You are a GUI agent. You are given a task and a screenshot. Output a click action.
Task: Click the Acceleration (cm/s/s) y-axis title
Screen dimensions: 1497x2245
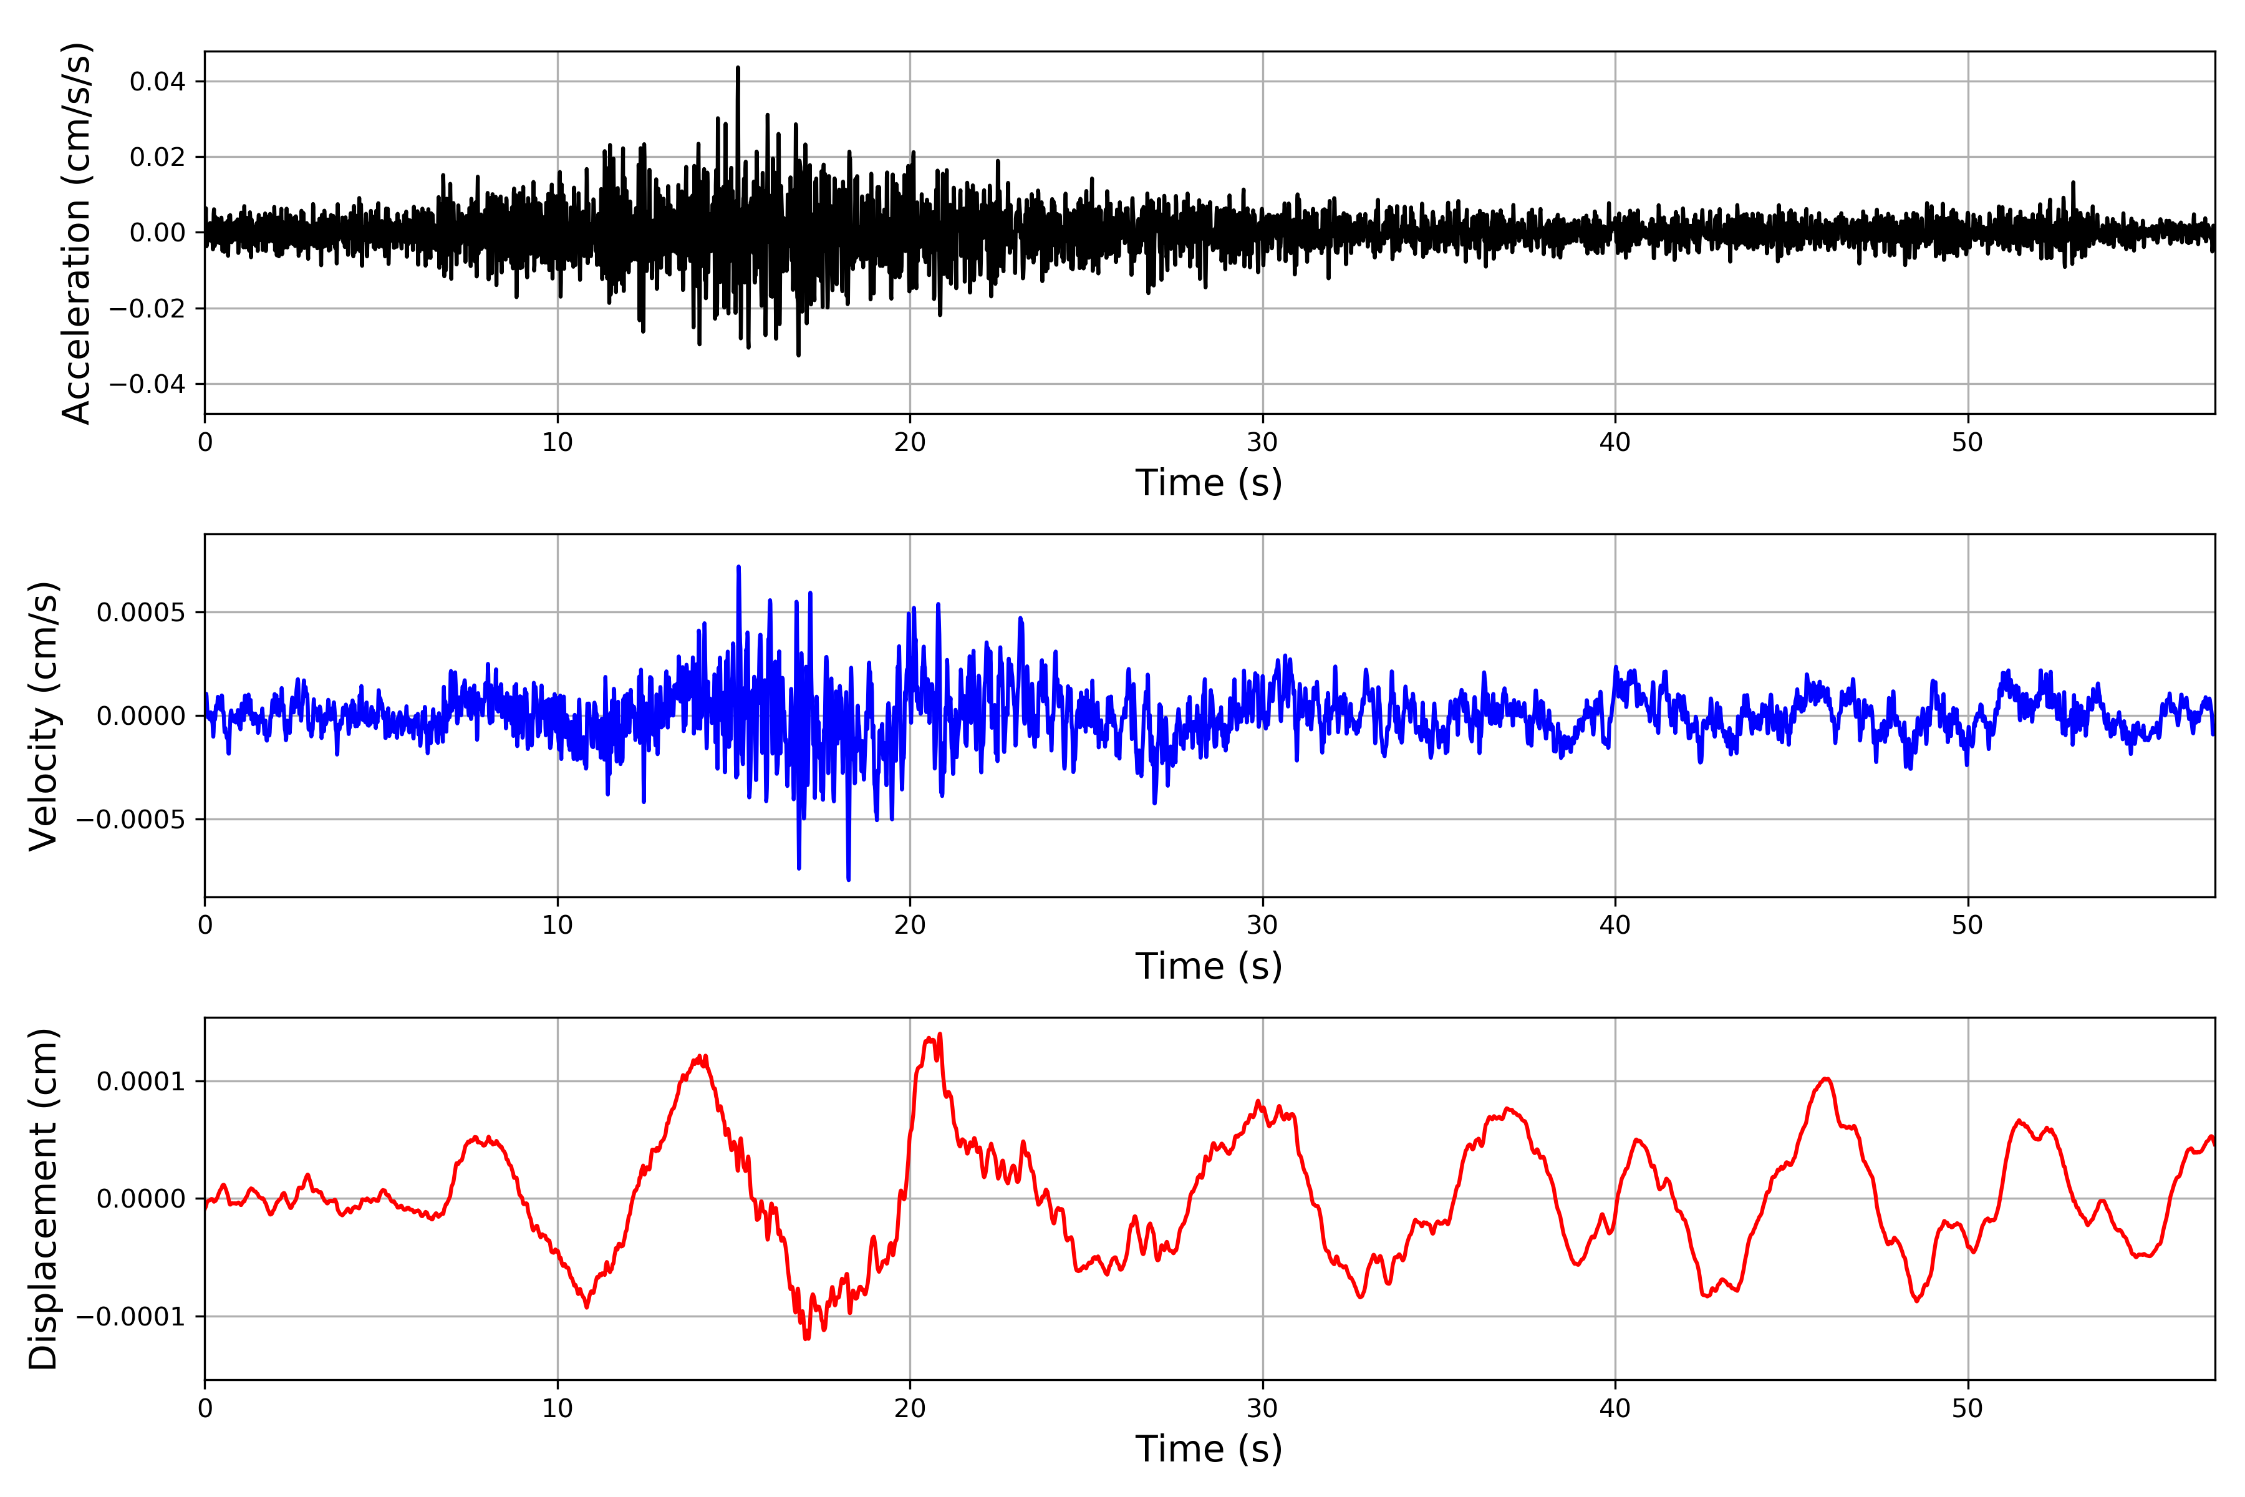[x=75, y=233]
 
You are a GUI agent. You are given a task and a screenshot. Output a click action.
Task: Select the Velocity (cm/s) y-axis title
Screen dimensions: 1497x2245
[x=43, y=716]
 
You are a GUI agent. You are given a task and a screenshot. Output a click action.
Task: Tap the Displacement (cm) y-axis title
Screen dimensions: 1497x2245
[x=43, y=1199]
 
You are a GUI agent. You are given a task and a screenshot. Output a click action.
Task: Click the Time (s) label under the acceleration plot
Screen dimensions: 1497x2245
[x=1209, y=483]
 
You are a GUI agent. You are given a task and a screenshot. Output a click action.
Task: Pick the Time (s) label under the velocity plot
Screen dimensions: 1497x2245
[x=1209, y=966]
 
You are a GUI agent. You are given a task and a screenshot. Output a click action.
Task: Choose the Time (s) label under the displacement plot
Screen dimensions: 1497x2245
[x=1209, y=1449]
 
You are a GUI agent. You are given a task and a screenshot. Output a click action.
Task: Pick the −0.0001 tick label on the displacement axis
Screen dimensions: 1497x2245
[x=131, y=1317]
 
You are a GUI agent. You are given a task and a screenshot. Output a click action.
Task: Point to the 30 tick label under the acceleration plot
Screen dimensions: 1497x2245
[x=1262, y=442]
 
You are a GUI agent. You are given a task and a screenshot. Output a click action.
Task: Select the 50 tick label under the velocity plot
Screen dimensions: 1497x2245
[x=1967, y=925]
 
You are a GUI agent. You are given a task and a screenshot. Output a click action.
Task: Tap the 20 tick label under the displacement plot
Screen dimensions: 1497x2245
[x=910, y=1408]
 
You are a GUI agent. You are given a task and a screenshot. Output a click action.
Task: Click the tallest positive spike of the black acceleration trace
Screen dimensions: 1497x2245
[x=738, y=69]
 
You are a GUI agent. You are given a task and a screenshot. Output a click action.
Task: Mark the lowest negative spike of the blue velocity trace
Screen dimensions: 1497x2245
[x=847, y=878]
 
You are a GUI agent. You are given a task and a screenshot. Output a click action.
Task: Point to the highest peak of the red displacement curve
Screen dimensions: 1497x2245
[x=940, y=1034]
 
